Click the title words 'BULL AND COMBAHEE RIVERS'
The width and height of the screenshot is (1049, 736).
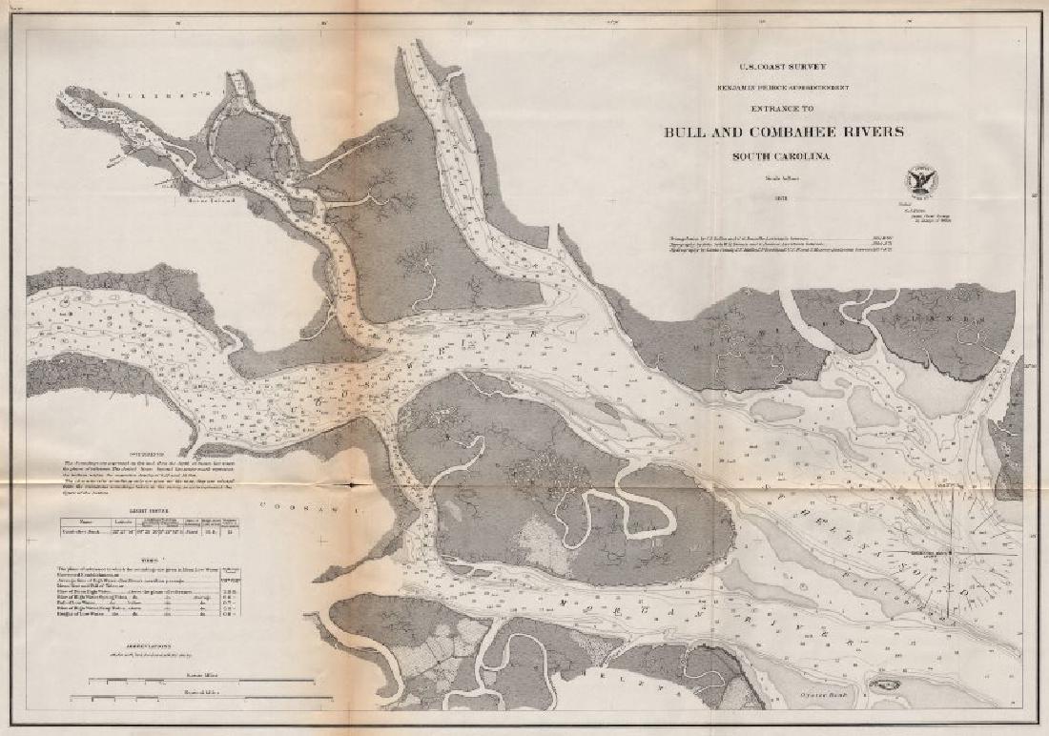point(784,133)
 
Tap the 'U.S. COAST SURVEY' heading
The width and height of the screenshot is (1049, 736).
point(784,67)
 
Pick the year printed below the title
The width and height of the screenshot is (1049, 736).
point(784,198)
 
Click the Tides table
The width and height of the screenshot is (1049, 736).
point(157,590)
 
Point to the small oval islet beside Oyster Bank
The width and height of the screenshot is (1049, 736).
point(882,685)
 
